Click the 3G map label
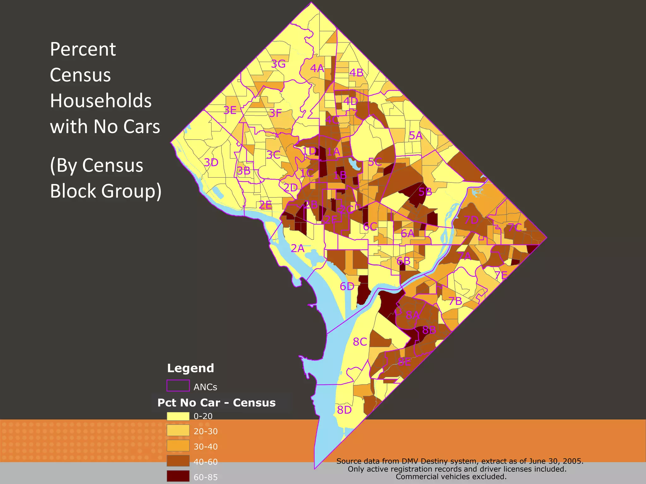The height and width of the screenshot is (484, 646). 278,64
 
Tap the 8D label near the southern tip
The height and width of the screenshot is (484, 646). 344,410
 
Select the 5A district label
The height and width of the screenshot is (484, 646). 415,135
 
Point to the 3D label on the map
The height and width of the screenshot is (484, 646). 211,162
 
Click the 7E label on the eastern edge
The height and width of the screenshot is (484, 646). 501,275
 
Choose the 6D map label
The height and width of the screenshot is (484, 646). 347,286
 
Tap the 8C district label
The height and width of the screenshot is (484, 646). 360,342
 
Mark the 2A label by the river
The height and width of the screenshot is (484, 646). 297,248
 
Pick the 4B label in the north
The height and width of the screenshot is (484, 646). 356,73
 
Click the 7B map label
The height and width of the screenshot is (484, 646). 455,301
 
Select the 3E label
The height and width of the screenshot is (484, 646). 230,110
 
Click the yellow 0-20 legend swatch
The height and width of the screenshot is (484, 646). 178,416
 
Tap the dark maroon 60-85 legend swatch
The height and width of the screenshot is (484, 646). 178,476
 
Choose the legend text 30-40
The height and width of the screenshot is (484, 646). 206,447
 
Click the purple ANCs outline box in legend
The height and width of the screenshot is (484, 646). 178,386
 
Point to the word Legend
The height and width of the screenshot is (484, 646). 191,368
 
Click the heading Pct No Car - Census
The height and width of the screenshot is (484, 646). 216,403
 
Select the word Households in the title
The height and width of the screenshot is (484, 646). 101,101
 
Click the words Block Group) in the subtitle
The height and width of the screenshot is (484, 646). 106,191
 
